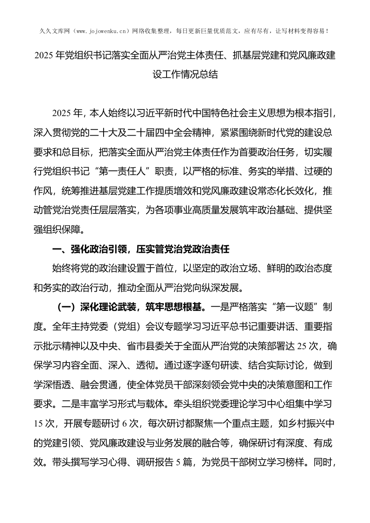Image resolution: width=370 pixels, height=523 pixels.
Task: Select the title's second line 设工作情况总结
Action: click(x=185, y=75)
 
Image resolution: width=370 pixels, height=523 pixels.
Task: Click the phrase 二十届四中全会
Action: click(x=155, y=132)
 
